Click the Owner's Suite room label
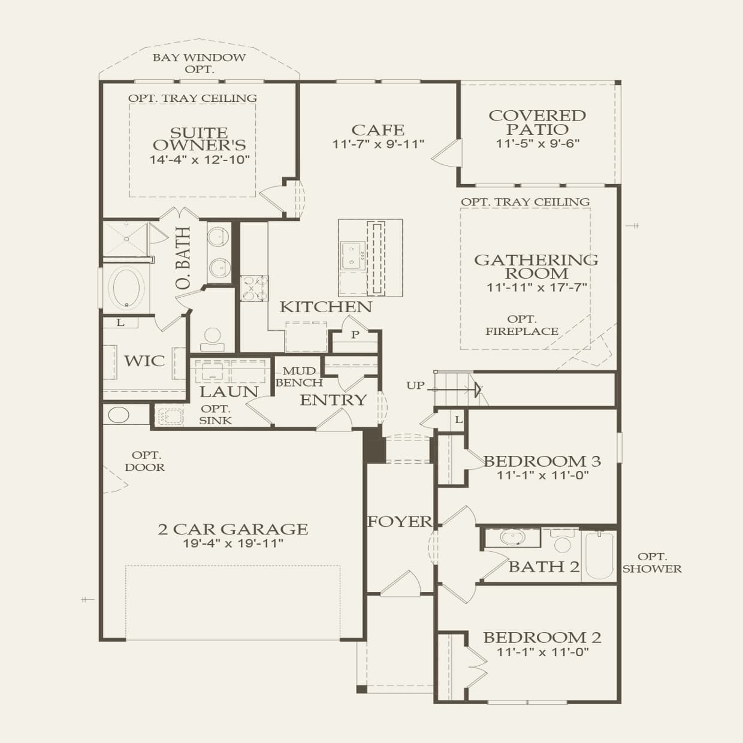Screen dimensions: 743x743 point(200,139)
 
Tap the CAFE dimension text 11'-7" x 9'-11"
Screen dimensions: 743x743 point(378,144)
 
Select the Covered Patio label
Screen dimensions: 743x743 point(537,122)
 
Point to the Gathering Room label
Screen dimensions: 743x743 point(536,267)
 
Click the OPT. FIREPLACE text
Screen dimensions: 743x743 point(522,325)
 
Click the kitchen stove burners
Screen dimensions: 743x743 point(253,288)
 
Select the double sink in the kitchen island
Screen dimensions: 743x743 point(352,255)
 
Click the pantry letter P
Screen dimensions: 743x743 point(355,335)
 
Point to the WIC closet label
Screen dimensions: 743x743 point(144,361)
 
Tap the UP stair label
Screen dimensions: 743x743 point(415,385)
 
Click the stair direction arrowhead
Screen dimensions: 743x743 point(479,389)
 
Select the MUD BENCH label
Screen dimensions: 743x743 point(299,377)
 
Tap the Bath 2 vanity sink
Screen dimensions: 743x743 point(512,537)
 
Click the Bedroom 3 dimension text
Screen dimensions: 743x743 point(542,475)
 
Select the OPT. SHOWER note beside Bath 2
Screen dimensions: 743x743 point(652,563)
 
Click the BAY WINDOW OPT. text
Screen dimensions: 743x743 point(200,64)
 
